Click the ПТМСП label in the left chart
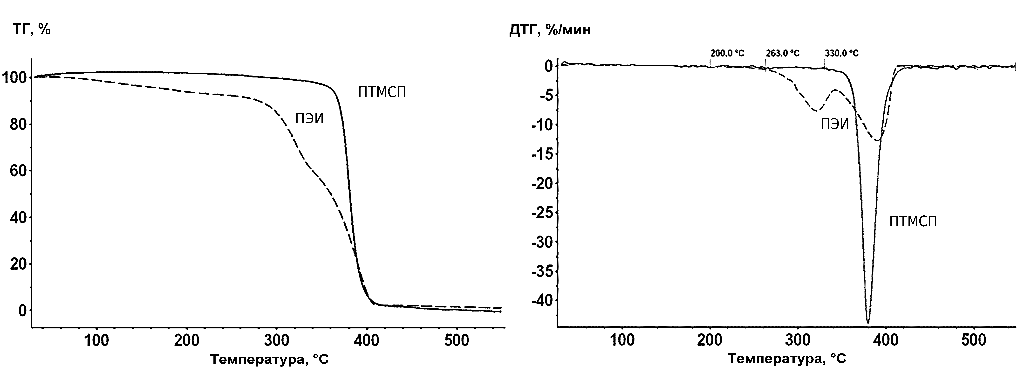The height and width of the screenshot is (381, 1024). pyautogui.click(x=382, y=92)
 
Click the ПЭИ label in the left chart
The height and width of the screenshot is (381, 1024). pyautogui.click(x=309, y=118)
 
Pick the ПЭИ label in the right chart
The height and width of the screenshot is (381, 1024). pyautogui.click(x=835, y=125)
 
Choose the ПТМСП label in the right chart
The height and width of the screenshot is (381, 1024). pyautogui.click(x=913, y=222)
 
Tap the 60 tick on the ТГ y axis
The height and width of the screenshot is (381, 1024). pyautogui.click(x=18, y=171)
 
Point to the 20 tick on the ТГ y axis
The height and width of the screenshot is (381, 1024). pyautogui.click(x=18, y=264)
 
